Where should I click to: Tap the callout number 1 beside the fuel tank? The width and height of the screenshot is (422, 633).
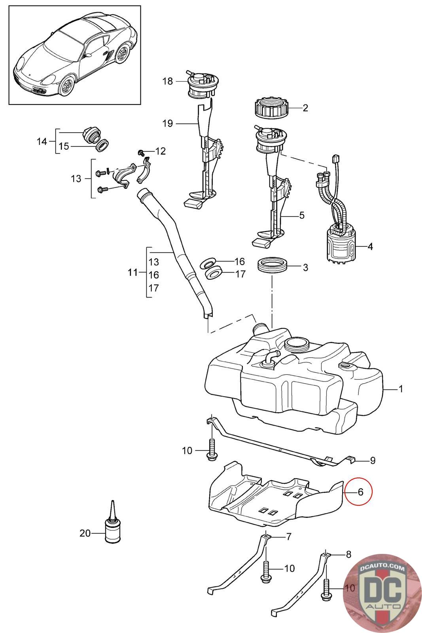point(400,389)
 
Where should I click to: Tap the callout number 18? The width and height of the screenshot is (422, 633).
point(167,81)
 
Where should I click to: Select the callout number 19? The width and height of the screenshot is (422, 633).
point(167,123)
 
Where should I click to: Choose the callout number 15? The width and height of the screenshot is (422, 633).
point(64,146)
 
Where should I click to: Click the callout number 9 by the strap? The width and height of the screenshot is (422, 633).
point(372,460)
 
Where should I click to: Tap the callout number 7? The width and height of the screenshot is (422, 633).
point(289,537)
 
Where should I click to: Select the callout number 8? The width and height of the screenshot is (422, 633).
point(348,554)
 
